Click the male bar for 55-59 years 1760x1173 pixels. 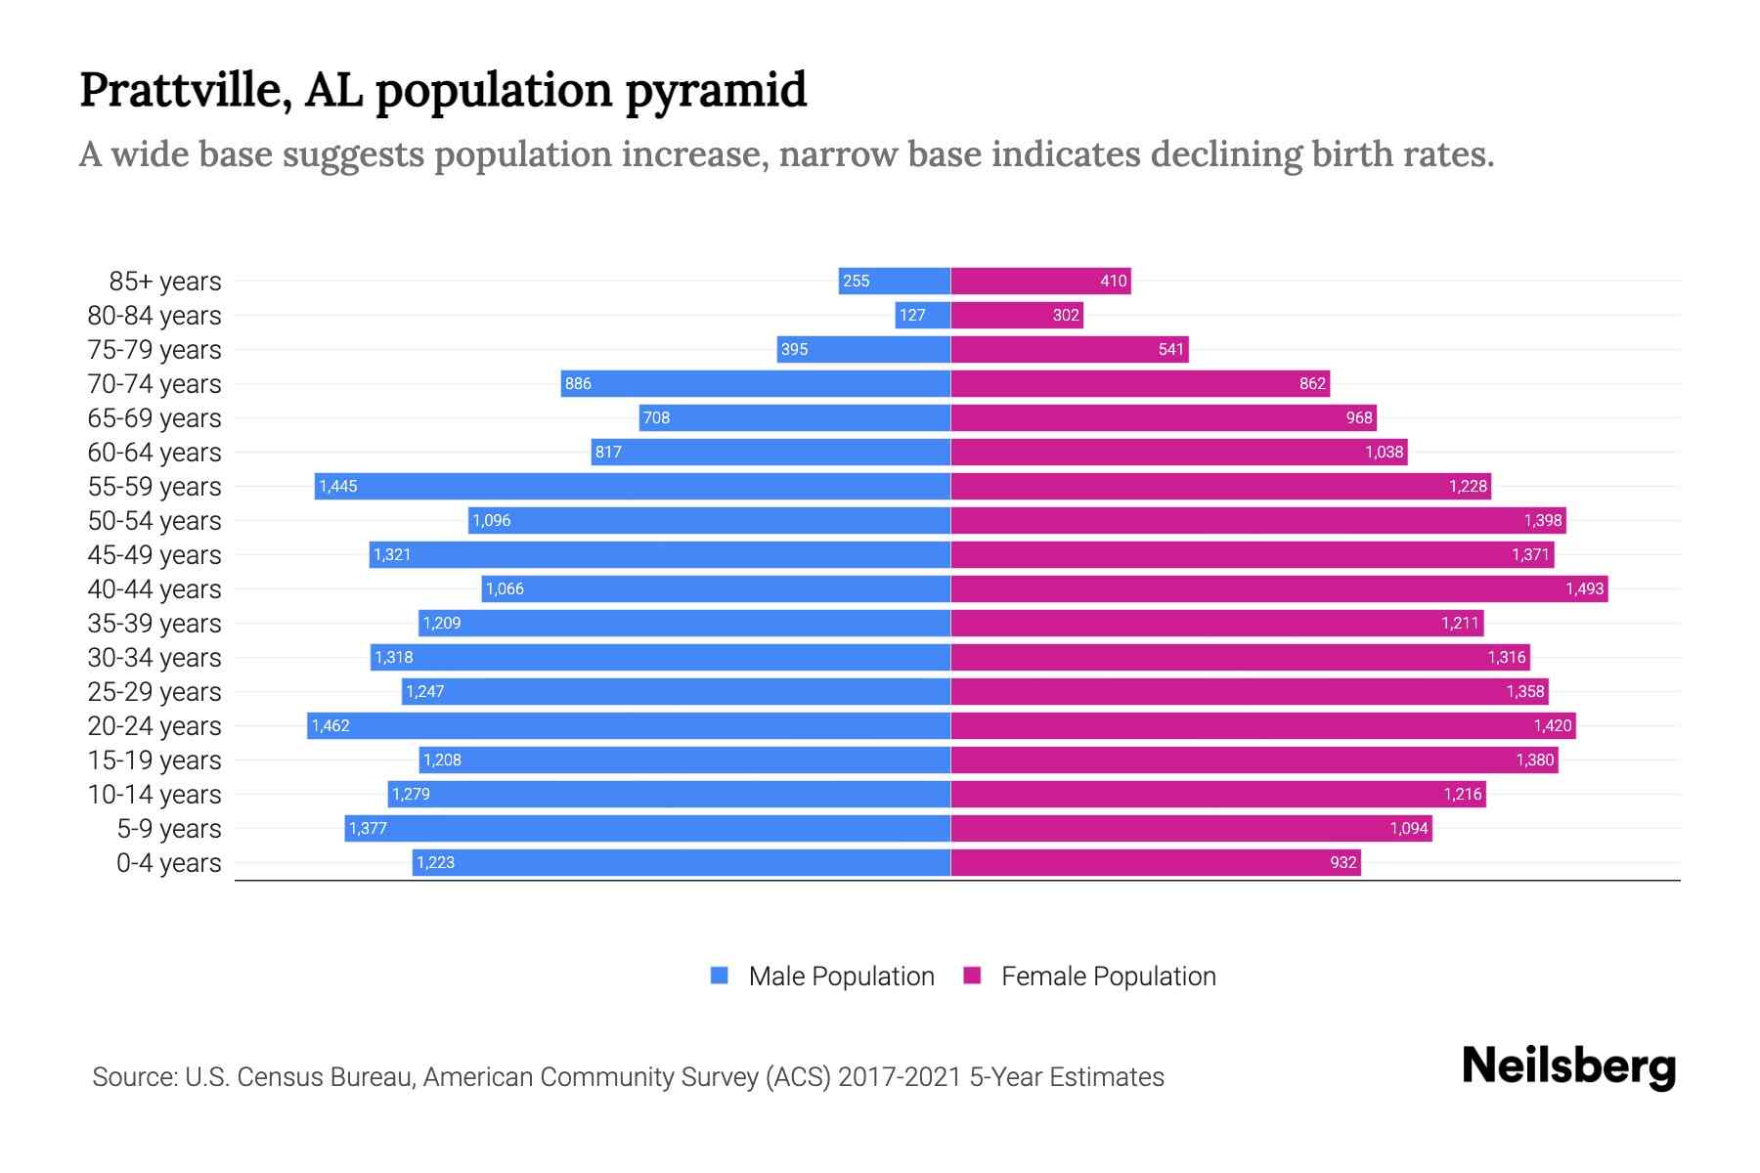[x=633, y=486]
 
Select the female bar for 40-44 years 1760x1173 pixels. [x=1279, y=588]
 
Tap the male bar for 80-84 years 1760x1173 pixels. [x=922, y=315]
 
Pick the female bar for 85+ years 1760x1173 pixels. [x=1040, y=281]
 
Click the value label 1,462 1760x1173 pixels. [x=330, y=725]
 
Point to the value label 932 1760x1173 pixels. [x=1343, y=862]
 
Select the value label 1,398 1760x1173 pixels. [x=1543, y=520]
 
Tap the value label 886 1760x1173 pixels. [x=578, y=383]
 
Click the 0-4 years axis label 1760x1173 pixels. [x=168, y=863]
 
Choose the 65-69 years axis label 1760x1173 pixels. [x=154, y=418]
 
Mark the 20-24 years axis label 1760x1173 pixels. [x=154, y=726]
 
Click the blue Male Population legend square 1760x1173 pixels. [x=720, y=976]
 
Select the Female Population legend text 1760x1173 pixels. [x=1108, y=976]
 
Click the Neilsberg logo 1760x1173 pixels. [x=1568, y=1066]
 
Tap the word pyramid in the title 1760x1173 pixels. [x=716, y=90]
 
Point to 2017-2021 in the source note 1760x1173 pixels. [x=900, y=1077]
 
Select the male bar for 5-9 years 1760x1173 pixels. [x=647, y=828]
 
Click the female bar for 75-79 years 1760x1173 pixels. [x=1070, y=349]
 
